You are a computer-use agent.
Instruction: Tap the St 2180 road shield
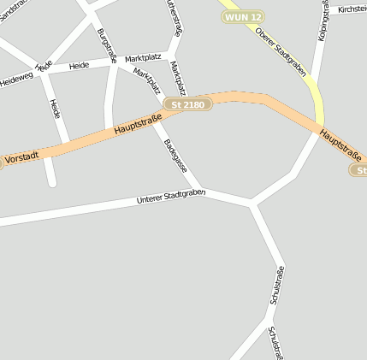click(188, 104)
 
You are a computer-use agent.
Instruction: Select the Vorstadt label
click(21, 158)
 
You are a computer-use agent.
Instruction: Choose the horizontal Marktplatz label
click(144, 58)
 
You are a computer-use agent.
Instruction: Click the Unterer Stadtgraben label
click(171, 197)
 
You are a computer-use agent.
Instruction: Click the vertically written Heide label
click(55, 109)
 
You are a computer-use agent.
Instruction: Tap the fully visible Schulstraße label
click(277, 286)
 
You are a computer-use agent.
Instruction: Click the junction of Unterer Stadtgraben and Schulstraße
click(251, 204)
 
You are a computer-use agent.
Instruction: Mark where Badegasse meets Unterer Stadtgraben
click(204, 191)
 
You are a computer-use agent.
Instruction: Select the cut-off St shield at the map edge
click(359, 171)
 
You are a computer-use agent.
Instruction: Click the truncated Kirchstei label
click(352, 9)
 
